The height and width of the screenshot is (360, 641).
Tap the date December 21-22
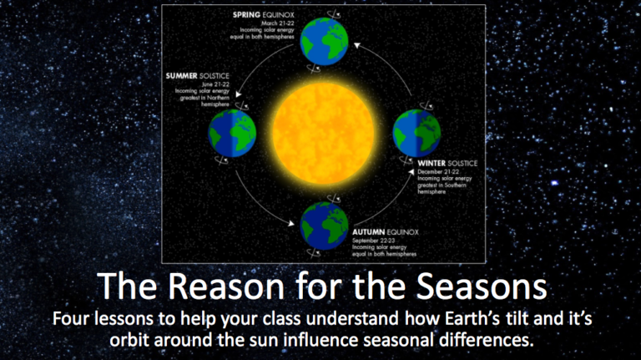441,171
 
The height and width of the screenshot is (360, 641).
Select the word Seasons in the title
484,288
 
